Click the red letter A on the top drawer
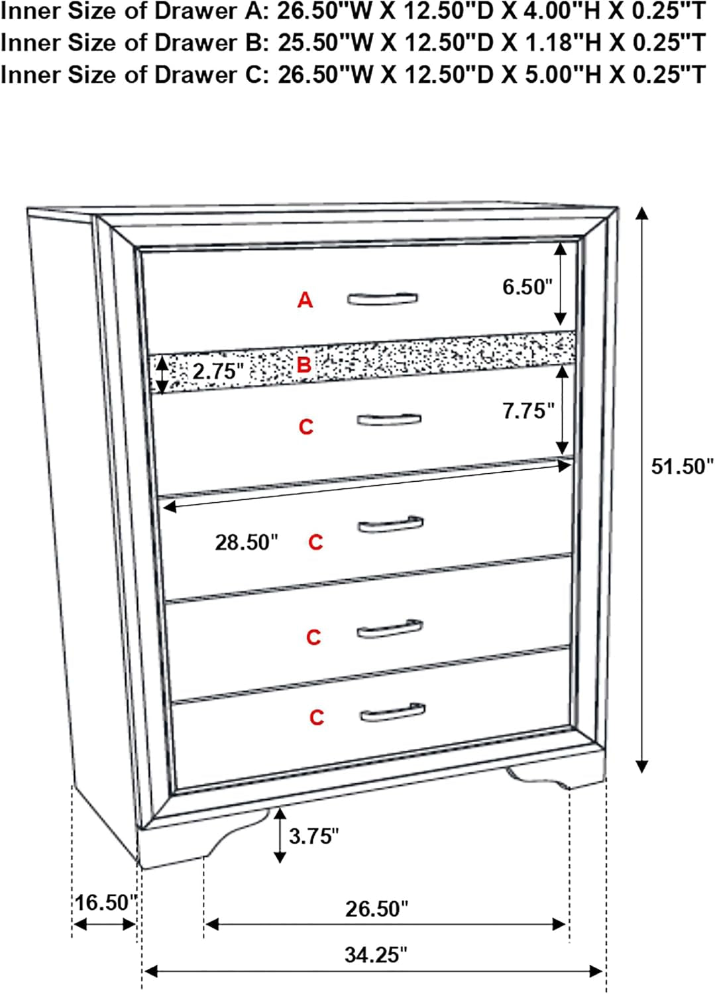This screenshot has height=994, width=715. pos(305,300)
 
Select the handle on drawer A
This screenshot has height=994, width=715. pos(382,299)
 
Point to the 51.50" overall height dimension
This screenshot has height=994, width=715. pos(683,467)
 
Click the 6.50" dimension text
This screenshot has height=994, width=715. pos(527,287)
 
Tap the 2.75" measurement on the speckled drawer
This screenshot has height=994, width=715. pos(219,371)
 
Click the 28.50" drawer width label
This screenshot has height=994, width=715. pos(247,542)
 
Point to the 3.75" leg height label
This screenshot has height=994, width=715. pos(314,836)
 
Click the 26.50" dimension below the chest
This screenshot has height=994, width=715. pos(376,909)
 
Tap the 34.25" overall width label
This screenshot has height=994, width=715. pos(376,955)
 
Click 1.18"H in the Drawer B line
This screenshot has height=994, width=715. pos(552,42)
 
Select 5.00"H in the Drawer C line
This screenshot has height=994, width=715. pos(552,74)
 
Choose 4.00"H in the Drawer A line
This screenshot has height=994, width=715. pos(552,11)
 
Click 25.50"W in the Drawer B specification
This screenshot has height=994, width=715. pos(324,42)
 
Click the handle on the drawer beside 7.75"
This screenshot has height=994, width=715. pos(389,419)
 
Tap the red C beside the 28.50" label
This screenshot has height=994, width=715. pos(315,542)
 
